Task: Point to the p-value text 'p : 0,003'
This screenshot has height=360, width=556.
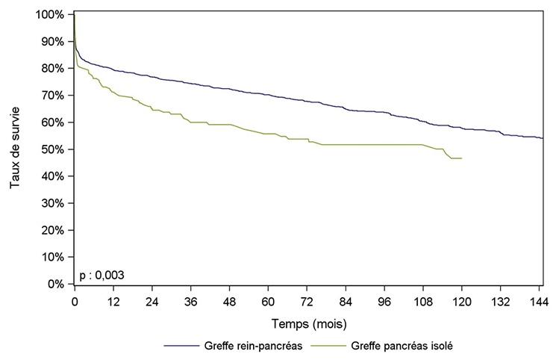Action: (x=101, y=275)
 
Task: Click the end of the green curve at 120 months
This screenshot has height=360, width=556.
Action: (x=462, y=158)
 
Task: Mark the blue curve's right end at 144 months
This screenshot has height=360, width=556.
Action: (x=543, y=138)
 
